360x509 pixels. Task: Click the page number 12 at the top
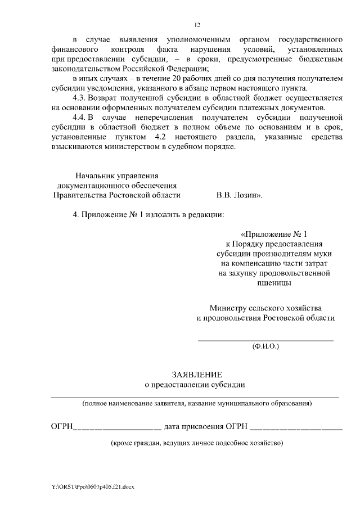(x=197, y=25)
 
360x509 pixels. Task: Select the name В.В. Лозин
(x=239, y=195)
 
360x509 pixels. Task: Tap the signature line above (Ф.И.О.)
(x=265, y=340)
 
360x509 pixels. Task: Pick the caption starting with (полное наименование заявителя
(x=197, y=404)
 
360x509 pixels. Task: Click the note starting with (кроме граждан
(x=197, y=443)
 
